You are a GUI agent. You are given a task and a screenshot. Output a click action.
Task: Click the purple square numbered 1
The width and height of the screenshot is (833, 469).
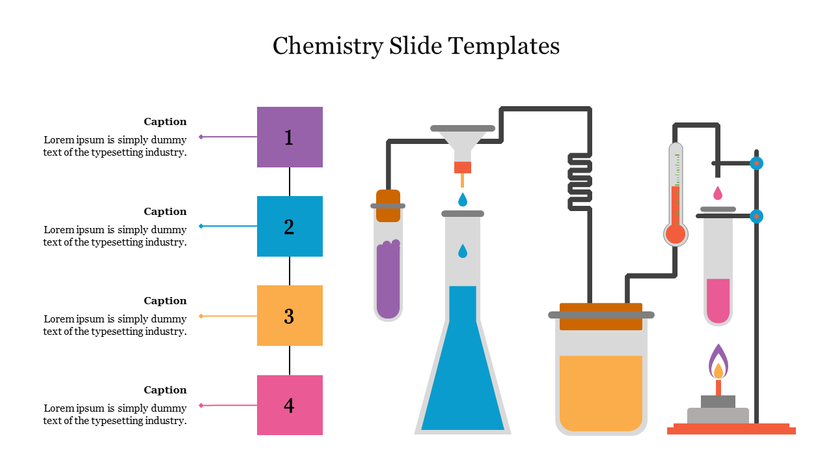click(290, 137)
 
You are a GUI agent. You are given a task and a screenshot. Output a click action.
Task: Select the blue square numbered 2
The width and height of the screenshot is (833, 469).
click(290, 226)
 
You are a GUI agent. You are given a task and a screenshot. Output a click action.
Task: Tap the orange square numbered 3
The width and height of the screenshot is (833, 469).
click(290, 315)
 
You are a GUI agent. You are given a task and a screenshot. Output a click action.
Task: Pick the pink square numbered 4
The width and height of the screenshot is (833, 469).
click(290, 405)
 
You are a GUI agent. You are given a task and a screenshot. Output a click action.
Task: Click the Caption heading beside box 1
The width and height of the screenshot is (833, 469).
click(165, 122)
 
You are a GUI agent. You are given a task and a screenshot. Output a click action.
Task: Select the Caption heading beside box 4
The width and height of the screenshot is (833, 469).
click(165, 390)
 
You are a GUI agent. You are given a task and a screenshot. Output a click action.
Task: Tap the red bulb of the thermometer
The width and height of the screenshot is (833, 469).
click(676, 234)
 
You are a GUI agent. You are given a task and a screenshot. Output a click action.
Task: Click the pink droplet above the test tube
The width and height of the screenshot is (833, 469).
click(718, 193)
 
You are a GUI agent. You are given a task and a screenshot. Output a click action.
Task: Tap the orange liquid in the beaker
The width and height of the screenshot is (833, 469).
click(601, 391)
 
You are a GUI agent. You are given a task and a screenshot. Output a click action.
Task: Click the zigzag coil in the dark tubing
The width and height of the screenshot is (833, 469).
click(580, 182)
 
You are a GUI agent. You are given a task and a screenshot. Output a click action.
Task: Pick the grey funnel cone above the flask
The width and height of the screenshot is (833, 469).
click(463, 143)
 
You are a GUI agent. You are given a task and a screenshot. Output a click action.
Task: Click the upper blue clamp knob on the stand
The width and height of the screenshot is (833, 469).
click(756, 163)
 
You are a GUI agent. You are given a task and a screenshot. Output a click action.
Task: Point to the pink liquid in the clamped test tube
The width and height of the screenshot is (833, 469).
click(718, 300)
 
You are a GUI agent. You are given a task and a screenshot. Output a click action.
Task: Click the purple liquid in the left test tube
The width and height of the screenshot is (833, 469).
click(388, 280)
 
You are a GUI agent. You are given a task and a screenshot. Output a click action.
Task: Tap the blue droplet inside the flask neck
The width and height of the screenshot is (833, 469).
click(463, 251)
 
